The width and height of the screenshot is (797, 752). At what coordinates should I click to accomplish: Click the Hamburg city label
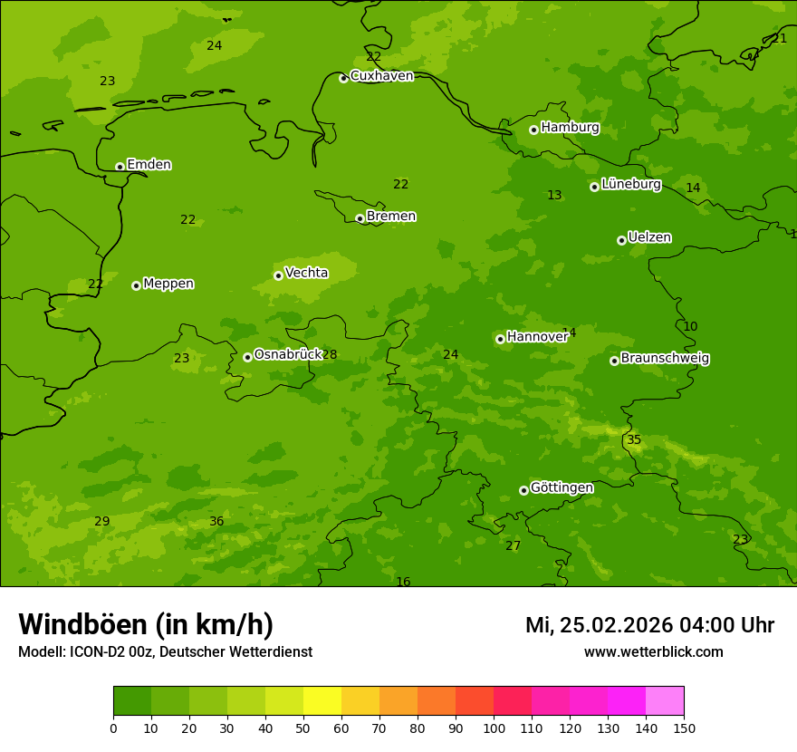(x=570, y=128)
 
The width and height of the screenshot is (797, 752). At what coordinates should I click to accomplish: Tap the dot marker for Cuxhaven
(x=343, y=79)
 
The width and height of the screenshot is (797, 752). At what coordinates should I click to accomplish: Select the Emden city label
(x=149, y=165)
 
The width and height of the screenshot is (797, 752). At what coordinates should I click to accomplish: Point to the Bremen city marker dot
(x=360, y=218)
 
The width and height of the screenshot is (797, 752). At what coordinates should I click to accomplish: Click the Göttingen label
(x=562, y=488)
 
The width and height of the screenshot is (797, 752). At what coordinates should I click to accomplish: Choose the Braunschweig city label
(x=665, y=359)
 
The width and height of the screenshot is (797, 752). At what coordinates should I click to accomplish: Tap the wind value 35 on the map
(x=634, y=440)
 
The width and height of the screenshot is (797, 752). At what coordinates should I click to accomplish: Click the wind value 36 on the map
(x=216, y=522)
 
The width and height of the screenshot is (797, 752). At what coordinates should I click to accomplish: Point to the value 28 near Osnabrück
(x=330, y=355)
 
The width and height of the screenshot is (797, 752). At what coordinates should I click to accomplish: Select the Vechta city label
(x=306, y=274)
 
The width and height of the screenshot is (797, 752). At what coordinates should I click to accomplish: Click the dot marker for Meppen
(x=136, y=285)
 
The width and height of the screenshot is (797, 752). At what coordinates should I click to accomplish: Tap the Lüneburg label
(x=630, y=185)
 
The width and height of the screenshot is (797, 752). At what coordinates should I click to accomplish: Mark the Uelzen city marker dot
(x=621, y=240)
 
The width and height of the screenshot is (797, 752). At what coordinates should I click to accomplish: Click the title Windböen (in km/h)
(x=146, y=625)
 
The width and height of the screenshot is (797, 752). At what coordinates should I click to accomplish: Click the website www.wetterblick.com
(x=653, y=652)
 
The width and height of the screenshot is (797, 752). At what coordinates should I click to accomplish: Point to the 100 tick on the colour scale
(x=494, y=727)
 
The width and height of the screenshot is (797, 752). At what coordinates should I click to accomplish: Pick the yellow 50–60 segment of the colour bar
(x=322, y=701)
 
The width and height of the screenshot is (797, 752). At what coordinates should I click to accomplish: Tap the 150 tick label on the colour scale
(x=684, y=727)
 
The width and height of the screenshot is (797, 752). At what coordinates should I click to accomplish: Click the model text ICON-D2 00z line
(x=165, y=652)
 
